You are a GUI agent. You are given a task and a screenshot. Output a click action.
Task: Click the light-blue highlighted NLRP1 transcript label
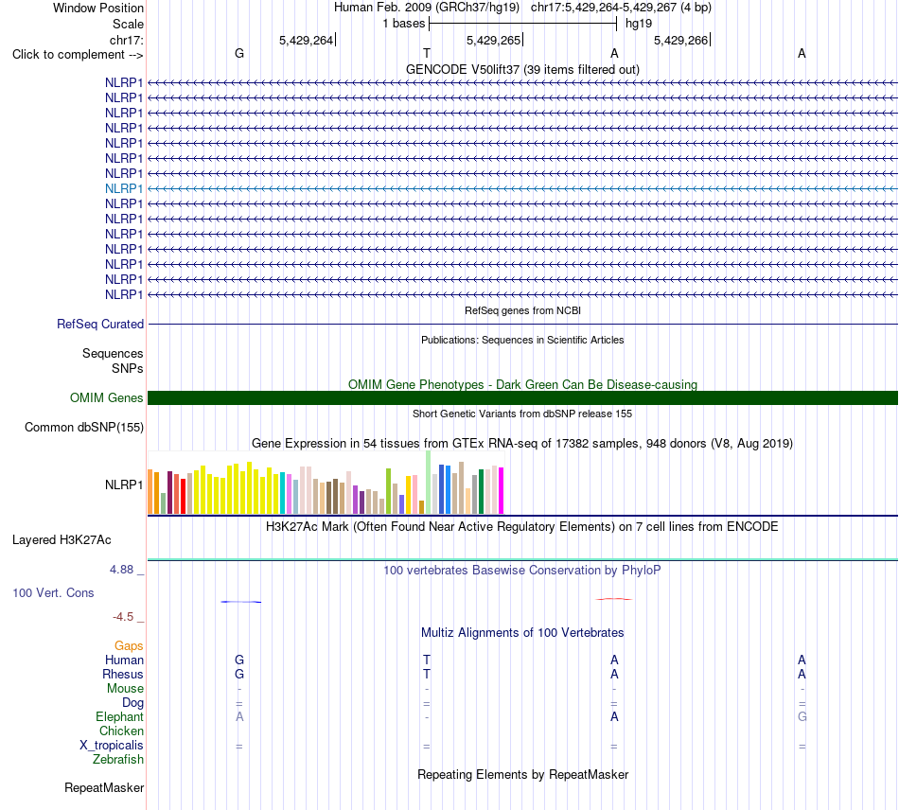(124, 188)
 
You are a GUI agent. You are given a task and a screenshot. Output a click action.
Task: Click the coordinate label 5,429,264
(307, 40)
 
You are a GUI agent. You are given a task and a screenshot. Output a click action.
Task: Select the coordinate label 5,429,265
(494, 40)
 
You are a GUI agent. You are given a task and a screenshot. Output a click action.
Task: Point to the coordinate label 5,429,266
(681, 40)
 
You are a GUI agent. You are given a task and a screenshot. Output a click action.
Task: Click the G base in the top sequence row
(239, 53)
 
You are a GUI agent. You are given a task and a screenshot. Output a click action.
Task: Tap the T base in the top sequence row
(427, 53)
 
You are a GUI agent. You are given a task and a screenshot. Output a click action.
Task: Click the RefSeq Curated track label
(100, 324)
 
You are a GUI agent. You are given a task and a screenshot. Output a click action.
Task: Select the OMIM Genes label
(107, 397)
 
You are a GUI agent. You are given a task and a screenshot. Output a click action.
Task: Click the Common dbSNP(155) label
(84, 427)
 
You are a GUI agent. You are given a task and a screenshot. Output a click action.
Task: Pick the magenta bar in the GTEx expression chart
(502, 491)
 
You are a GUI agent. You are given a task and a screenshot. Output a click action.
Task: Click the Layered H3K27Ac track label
(62, 540)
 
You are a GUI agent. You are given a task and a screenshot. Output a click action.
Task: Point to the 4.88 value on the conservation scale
(121, 570)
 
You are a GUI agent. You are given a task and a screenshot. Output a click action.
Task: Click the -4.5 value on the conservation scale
(123, 617)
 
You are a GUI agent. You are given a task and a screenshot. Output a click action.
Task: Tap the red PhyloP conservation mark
(614, 599)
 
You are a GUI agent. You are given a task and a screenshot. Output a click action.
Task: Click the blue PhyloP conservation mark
(240, 601)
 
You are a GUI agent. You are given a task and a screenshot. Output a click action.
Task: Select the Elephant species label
(120, 716)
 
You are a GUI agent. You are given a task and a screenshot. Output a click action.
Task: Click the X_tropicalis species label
(112, 746)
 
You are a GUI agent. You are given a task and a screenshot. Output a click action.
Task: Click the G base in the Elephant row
(802, 716)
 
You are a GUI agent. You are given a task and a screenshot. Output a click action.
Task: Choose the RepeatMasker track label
(104, 787)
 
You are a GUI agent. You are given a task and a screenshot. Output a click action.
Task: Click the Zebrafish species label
(118, 759)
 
